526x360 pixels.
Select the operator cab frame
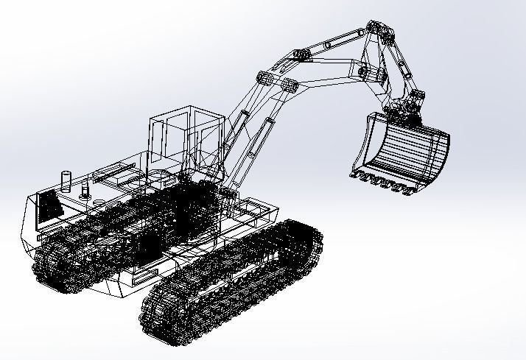184,136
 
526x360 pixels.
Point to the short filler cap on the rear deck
85,193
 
